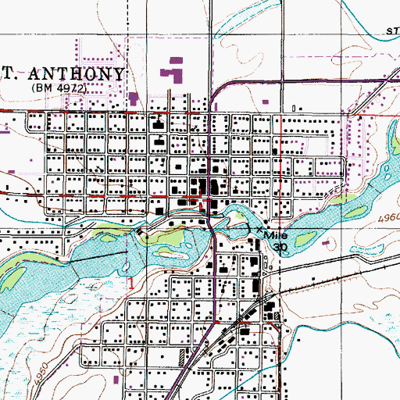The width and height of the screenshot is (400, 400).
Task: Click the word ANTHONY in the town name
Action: coord(76,74)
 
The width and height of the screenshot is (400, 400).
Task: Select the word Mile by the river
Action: coord(277,235)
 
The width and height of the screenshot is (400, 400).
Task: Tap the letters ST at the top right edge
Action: coord(392,31)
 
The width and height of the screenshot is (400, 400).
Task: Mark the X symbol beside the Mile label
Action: coord(260,229)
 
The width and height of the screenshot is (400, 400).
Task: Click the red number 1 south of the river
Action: coord(132,280)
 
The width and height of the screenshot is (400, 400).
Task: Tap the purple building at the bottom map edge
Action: coord(116,379)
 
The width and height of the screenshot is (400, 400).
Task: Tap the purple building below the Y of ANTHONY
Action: coord(133,99)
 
